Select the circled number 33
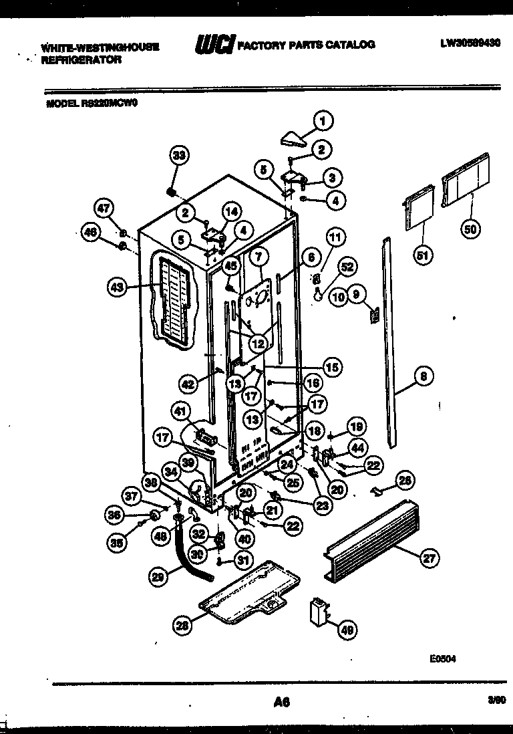click(x=178, y=156)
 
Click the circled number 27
click(x=427, y=560)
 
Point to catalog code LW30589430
click(x=470, y=44)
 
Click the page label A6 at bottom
click(x=281, y=701)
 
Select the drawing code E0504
click(x=442, y=657)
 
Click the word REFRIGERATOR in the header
click(x=81, y=59)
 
